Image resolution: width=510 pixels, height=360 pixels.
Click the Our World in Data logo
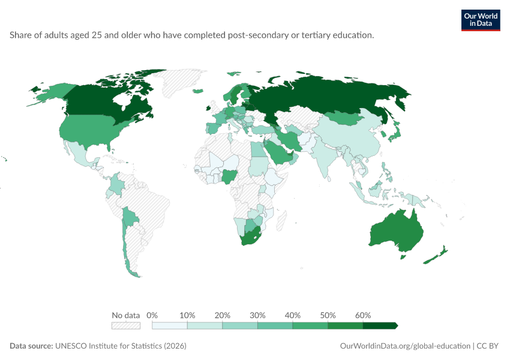(x=481, y=20)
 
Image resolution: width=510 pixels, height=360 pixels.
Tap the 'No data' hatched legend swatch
(x=126, y=326)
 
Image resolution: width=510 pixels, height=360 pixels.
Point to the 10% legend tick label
(x=187, y=315)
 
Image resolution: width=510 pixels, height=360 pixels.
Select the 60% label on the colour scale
(x=363, y=315)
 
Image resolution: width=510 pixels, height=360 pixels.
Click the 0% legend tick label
(x=152, y=315)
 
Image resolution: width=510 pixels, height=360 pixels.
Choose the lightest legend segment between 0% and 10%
(x=169, y=326)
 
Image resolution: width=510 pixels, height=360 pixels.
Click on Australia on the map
(x=397, y=232)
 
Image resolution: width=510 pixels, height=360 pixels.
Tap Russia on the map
(x=325, y=94)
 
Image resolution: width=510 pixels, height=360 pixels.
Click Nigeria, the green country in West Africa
(x=229, y=176)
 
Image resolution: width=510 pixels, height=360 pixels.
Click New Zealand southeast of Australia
(x=436, y=256)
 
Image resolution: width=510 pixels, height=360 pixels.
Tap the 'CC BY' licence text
(x=487, y=346)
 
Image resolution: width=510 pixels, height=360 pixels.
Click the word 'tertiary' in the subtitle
(x=314, y=35)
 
